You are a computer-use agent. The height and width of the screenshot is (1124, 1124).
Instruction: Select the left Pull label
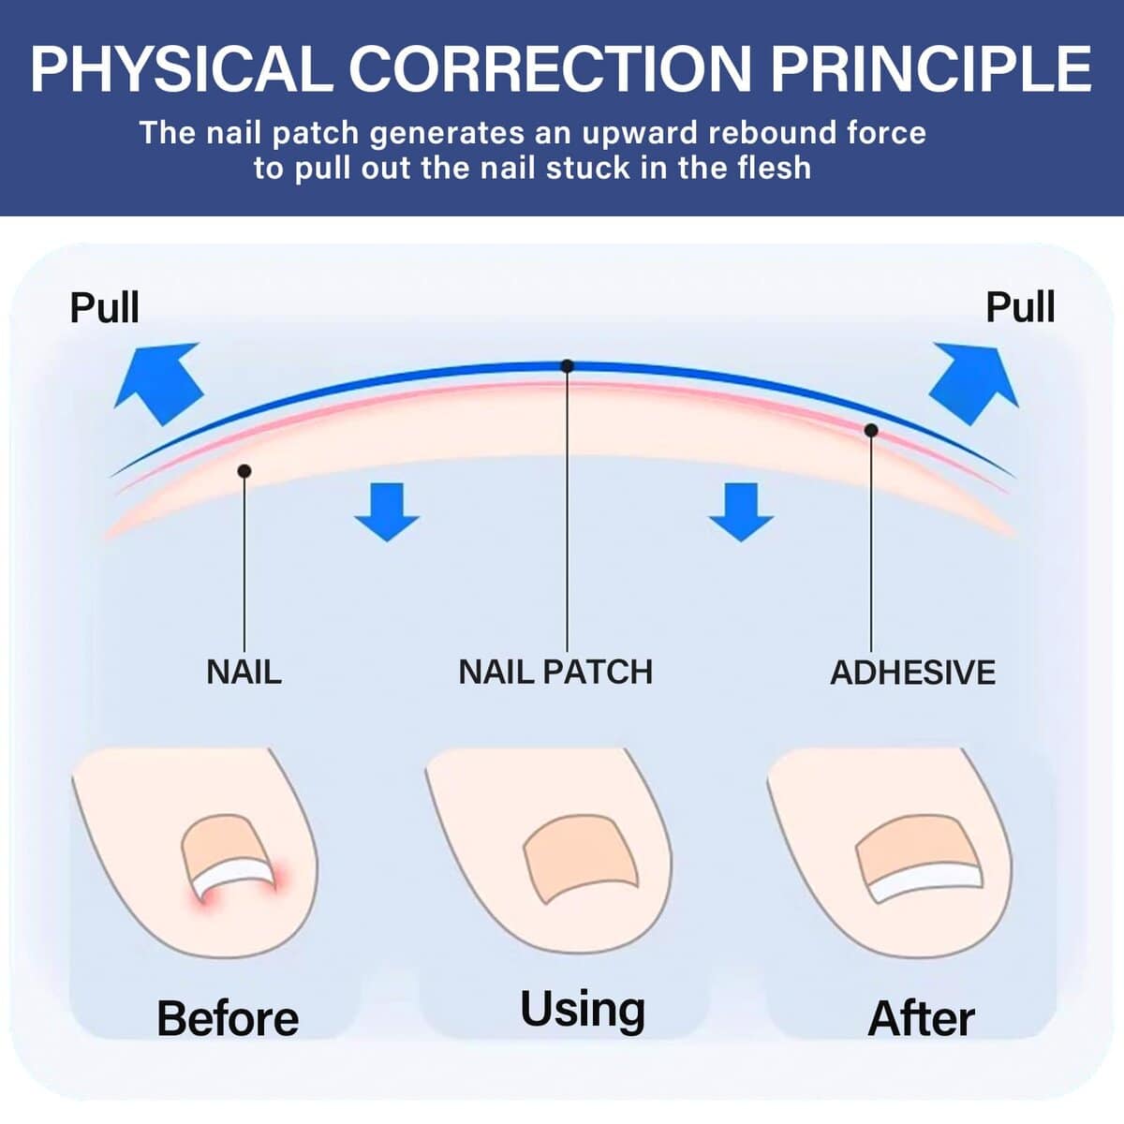[x=104, y=307]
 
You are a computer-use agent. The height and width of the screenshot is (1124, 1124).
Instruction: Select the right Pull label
[x=1020, y=307]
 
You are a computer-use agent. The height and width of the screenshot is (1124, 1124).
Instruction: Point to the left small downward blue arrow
[x=387, y=511]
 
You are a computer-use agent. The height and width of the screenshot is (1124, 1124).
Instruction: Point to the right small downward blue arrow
[x=741, y=511]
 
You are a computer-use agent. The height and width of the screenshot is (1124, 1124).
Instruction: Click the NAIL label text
[x=244, y=672]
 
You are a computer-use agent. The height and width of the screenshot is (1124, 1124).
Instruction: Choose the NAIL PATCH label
[x=555, y=672]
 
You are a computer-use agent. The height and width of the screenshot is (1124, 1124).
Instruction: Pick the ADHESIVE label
[x=912, y=673]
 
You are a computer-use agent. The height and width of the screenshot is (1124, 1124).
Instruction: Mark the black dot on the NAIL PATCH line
[x=567, y=366]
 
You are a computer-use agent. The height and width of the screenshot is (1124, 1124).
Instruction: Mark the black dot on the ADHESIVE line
[x=871, y=430]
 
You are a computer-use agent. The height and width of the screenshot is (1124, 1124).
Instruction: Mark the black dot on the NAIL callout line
[x=244, y=471]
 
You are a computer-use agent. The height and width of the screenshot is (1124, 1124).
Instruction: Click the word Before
[x=228, y=1018]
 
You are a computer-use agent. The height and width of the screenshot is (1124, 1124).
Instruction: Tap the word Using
[x=583, y=1010]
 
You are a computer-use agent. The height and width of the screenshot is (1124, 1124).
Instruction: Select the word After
[x=921, y=1018]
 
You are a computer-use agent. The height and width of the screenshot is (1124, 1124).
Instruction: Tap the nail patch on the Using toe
[x=581, y=857]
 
